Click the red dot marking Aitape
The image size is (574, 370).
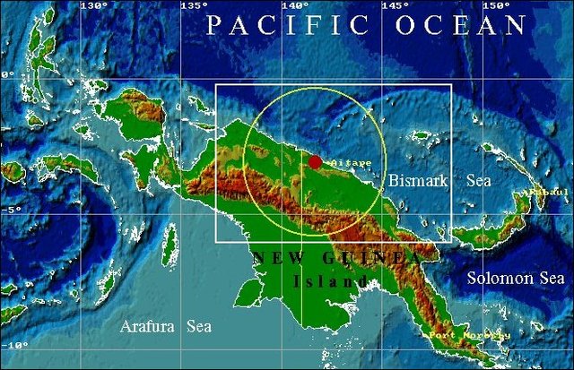tap(315, 161)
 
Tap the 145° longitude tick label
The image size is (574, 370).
tap(396, 6)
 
